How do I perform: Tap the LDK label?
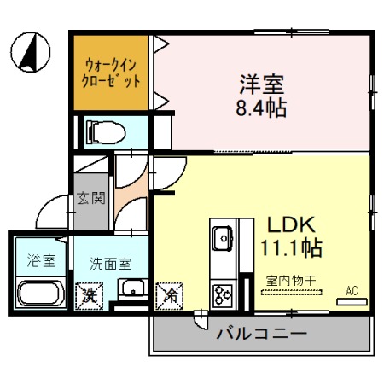pyautogui.click(x=292, y=225)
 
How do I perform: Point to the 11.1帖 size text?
pyautogui.click(x=293, y=248)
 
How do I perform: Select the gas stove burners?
pyautogui.click(x=224, y=295)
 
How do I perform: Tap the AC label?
pyautogui.click(x=351, y=290)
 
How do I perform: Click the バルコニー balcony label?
pyautogui.click(x=261, y=333)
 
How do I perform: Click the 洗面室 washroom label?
pyautogui.click(x=112, y=264)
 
